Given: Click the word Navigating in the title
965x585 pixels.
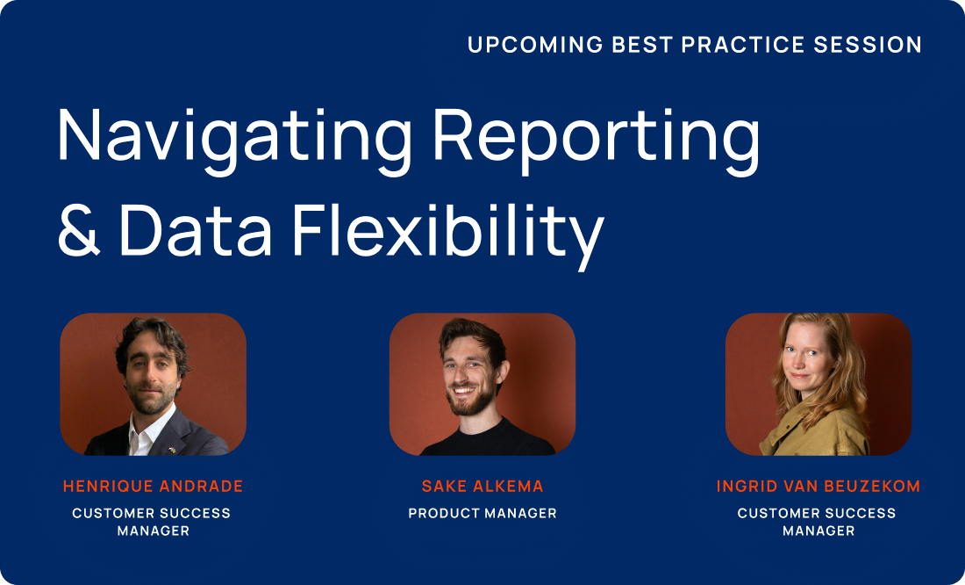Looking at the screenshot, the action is pyautogui.click(x=234, y=141).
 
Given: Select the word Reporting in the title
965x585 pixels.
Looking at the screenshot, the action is pyautogui.click(x=597, y=141).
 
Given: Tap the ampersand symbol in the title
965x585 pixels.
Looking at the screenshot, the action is pyautogui.click(x=79, y=229).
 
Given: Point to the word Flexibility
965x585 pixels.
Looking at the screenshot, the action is pyautogui.click(x=448, y=236).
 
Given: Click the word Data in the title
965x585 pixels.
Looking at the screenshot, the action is pyautogui.click(x=196, y=230).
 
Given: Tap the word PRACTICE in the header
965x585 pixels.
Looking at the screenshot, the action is pyautogui.click(x=743, y=45).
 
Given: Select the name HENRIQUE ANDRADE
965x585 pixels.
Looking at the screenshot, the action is pyautogui.click(x=154, y=487).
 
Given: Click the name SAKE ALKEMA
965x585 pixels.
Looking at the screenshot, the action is pyautogui.click(x=482, y=487).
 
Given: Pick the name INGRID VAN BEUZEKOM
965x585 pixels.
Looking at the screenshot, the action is pyautogui.click(x=818, y=487).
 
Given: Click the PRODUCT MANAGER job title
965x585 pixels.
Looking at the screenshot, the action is pyautogui.click(x=482, y=513).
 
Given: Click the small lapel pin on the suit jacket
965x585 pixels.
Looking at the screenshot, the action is pyautogui.click(x=172, y=450).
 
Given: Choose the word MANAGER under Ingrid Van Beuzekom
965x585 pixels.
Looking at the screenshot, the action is pyautogui.click(x=818, y=531).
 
